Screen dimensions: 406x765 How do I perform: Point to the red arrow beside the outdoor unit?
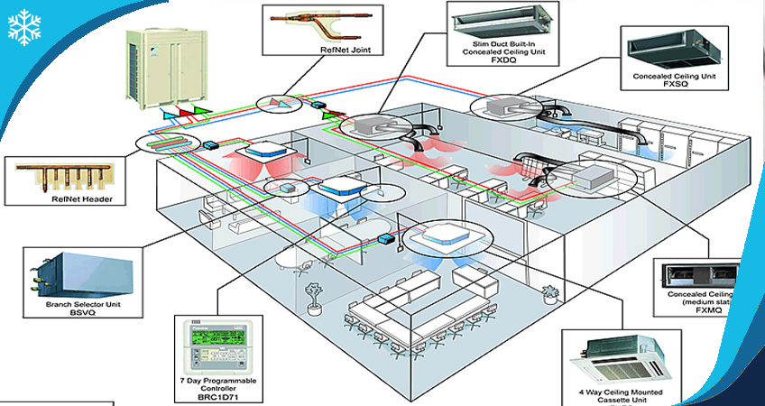pos(188,114)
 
